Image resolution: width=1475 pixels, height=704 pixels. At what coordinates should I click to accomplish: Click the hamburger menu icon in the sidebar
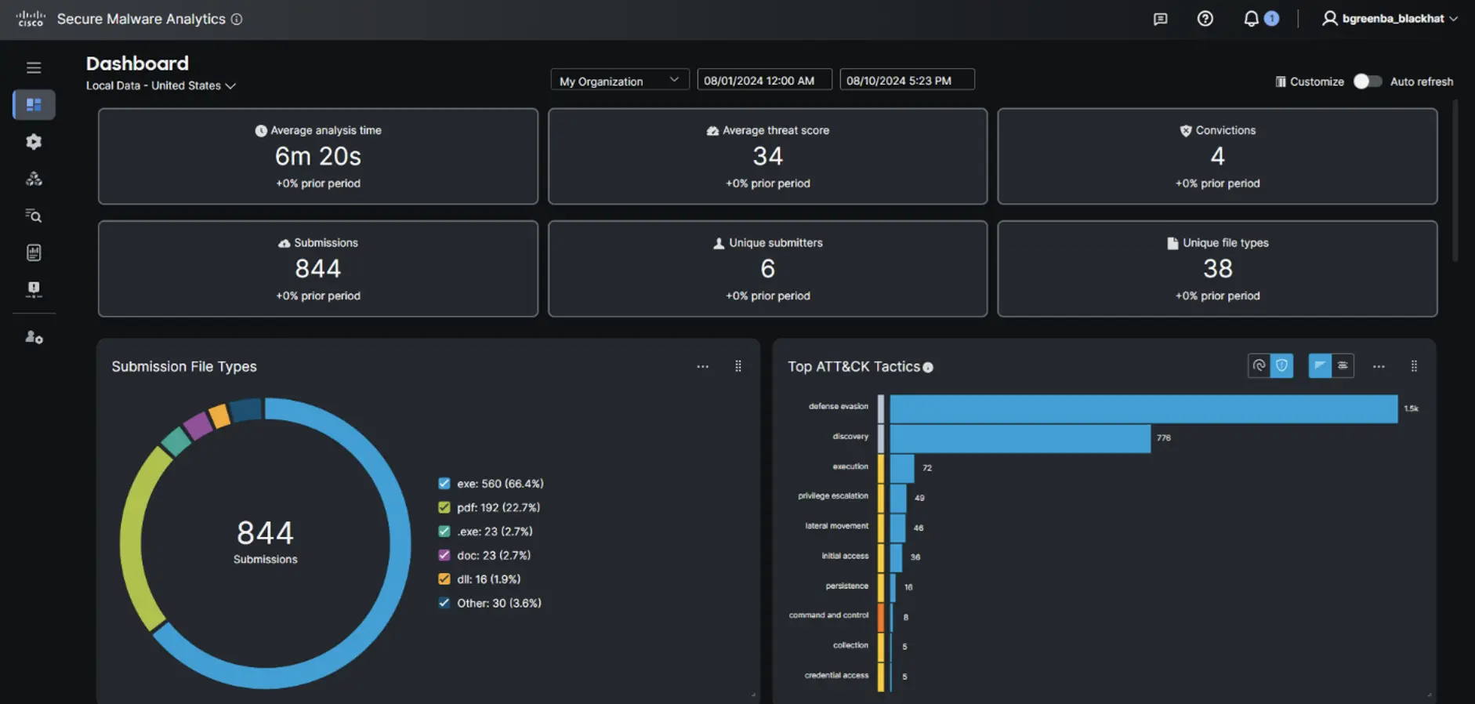tap(34, 67)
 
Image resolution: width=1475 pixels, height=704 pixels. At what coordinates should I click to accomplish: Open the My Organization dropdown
tap(619, 81)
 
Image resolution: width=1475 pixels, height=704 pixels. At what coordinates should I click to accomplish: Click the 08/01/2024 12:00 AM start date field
tap(764, 81)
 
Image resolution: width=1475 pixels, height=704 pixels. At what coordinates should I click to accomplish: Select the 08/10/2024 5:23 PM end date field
tap(907, 81)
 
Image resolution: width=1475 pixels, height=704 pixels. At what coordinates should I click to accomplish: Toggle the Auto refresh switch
tap(1367, 82)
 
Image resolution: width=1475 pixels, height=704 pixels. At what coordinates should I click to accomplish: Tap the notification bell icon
tap(1251, 19)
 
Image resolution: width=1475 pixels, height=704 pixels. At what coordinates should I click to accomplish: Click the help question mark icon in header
tap(1205, 19)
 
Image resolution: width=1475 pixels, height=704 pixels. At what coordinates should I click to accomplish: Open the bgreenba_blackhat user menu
tap(1390, 19)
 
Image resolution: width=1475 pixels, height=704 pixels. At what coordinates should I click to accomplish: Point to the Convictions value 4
tap(1217, 156)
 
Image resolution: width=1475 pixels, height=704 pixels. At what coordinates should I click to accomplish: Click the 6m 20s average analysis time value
tap(317, 156)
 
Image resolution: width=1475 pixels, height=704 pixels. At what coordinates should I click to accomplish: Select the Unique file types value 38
tap(1217, 269)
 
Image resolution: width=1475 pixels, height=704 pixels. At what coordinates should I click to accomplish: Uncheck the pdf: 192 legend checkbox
tap(444, 507)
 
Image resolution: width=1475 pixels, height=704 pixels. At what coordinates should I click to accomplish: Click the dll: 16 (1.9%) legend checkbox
tap(444, 579)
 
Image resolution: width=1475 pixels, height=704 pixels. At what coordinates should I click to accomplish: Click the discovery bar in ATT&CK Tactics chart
tap(1019, 438)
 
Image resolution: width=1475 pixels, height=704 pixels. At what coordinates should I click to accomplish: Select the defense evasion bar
tap(1143, 408)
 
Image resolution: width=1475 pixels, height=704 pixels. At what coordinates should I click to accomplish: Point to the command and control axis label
tap(828, 615)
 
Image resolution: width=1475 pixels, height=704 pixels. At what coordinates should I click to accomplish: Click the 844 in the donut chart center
tap(265, 533)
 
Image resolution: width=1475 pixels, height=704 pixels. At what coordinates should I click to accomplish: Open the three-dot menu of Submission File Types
tap(702, 366)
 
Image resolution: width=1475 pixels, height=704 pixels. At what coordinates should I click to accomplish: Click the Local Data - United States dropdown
tap(161, 85)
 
